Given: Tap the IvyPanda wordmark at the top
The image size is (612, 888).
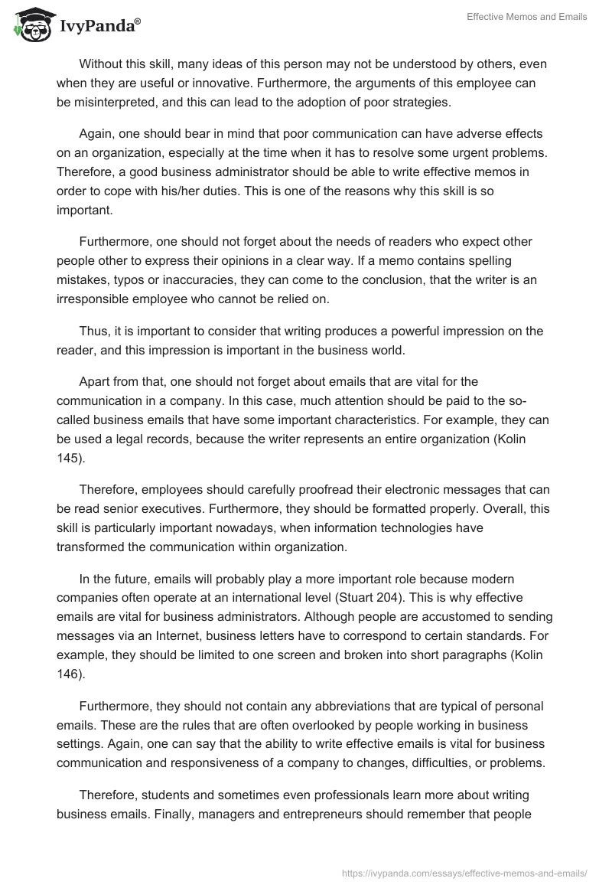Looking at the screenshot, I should tap(99, 26).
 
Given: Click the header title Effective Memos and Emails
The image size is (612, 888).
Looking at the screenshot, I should tap(527, 17).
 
